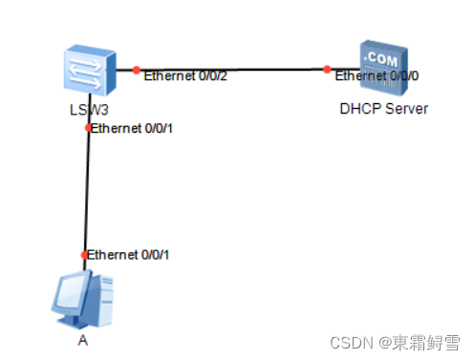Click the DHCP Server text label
tap(383, 109)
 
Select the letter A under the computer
tap(83, 338)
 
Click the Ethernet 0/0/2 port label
tap(185, 76)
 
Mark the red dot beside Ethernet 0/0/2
tap(137, 70)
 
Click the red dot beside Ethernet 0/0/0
tap(327, 69)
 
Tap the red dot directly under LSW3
tap(88, 127)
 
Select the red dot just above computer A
tap(85, 255)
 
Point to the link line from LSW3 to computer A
tap(87, 191)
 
